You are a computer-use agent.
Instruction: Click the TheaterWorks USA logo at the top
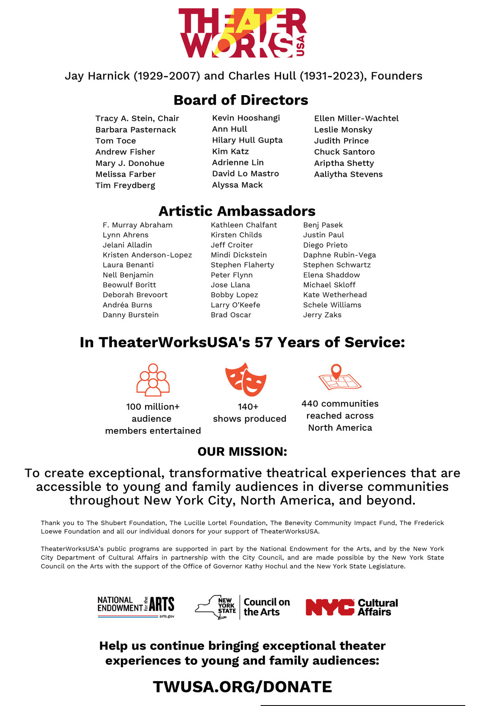[x=242, y=33]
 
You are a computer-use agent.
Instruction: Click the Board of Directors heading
[x=241, y=100]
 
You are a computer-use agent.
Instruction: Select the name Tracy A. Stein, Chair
[x=137, y=118]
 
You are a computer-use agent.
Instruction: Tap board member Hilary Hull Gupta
[x=247, y=140]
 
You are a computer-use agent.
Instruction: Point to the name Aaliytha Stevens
[x=348, y=174]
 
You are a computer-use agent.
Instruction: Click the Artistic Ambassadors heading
[x=237, y=211]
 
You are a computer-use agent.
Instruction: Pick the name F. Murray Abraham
[x=138, y=225]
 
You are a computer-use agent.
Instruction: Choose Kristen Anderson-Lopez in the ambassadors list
[x=147, y=255]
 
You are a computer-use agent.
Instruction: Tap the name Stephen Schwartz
[x=337, y=265]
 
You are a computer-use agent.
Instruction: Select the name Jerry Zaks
[x=322, y=315]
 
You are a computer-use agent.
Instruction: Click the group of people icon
[x=153, y=380]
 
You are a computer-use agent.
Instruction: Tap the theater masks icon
[x=246, y=380]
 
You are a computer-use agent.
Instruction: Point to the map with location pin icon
[x=339, y=378]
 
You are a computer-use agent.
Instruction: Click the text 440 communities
[x=340, y=404]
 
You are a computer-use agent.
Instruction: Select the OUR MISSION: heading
[x=242, y=452]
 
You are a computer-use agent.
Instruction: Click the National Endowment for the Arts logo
[x=136, y=607]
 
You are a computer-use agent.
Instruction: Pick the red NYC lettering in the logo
[x=330, y=607]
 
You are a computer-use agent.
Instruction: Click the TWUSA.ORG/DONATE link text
[x=242, y=687]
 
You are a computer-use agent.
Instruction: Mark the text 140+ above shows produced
[x=248, y=406]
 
